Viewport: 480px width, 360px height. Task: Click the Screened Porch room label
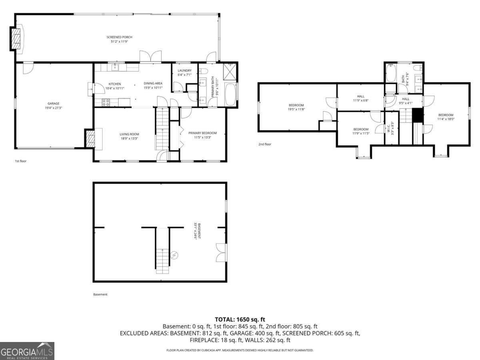pos(119,37)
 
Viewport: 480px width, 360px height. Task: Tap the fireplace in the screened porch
pos(16,39)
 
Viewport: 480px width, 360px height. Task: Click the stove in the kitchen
pos(106,102)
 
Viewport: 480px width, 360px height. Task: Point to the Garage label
pos(53,104)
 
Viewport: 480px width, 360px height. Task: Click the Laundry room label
pos(184,70)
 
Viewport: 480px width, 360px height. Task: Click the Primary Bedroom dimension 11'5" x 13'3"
pos(202,137)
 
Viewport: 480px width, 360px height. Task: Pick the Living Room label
pos(129,134)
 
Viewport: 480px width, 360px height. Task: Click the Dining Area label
pos(153,83)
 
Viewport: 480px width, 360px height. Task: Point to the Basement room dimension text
pos(196,231)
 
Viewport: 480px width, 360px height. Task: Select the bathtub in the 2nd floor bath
pos(391,74)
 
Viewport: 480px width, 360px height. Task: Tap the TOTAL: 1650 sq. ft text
pos(240,319)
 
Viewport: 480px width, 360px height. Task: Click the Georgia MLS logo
pos(27,351)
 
